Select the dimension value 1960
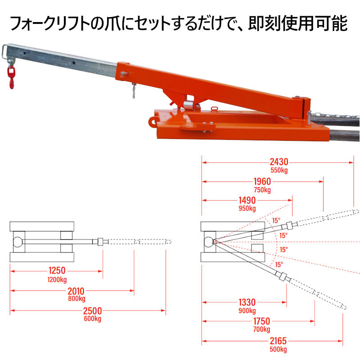[x=262, y=182]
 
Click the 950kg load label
[x=247, y=208]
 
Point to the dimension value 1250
[x=57, y=270]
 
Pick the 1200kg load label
[x=57, y=279]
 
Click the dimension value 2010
[x=76, y=291]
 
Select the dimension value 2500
[x=92, y=310]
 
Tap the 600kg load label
[x=92, y=319]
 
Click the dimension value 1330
[x=247, y=302]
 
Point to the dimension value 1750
[x=261, y=321]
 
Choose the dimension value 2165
[x=277, y=341]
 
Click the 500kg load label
[x=277, y=349]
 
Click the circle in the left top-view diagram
[x=19, y=242]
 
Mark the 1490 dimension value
[x=247, y=200]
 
